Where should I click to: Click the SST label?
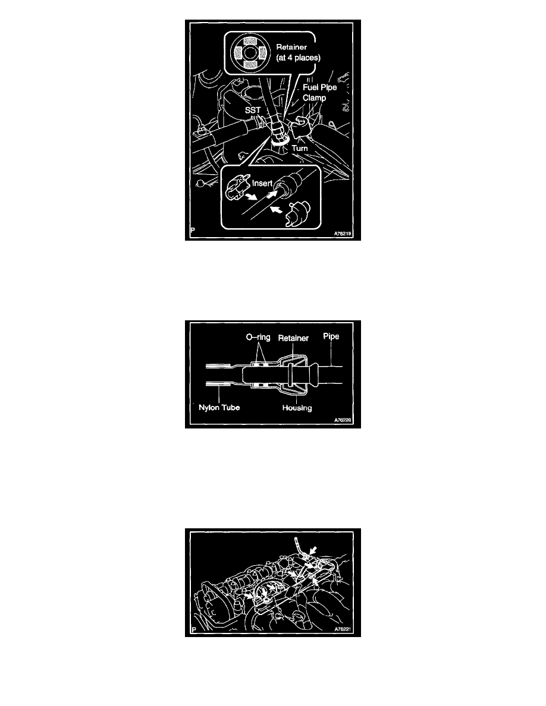pyautogui.click(x=253, y=111)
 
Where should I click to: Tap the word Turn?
pyautogui.click(x=300, y=148)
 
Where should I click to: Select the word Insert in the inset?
pyautogui.click(x=262, y=183)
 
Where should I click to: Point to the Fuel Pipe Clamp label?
pyautogui.click(x=319, y=92)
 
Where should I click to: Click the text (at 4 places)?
pyautogui.click(x=298, y=58)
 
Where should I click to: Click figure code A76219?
pyautogui.click(x=343, y=234)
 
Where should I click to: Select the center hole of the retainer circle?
pyautogui.click(x=250, y=53)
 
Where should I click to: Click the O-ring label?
pyautogui.click(x=258, y=337)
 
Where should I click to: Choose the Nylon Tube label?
pyautogui.click(x=219, y=408)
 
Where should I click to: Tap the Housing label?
pyautogui.click(x=297, y=408)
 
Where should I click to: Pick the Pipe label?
pyautogui.click(x=331, y=336)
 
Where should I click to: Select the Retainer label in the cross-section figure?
pyautogui.click(x=293, y=338)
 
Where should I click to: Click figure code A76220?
pyautogui.click(x=343, y=420)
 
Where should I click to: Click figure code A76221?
pyautogui.click(x=343, y=629)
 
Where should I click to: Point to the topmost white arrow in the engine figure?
pyautogui.click(x=313, y=550)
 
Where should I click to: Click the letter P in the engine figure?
pyautogui.click(x=194, y=629)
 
